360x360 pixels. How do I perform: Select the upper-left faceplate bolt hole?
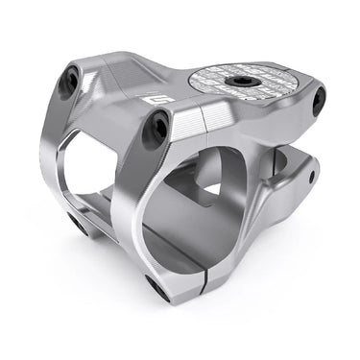(69, 84)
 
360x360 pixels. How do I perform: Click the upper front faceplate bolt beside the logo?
(155, 130)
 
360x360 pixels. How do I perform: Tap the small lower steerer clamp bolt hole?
(312, 177)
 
